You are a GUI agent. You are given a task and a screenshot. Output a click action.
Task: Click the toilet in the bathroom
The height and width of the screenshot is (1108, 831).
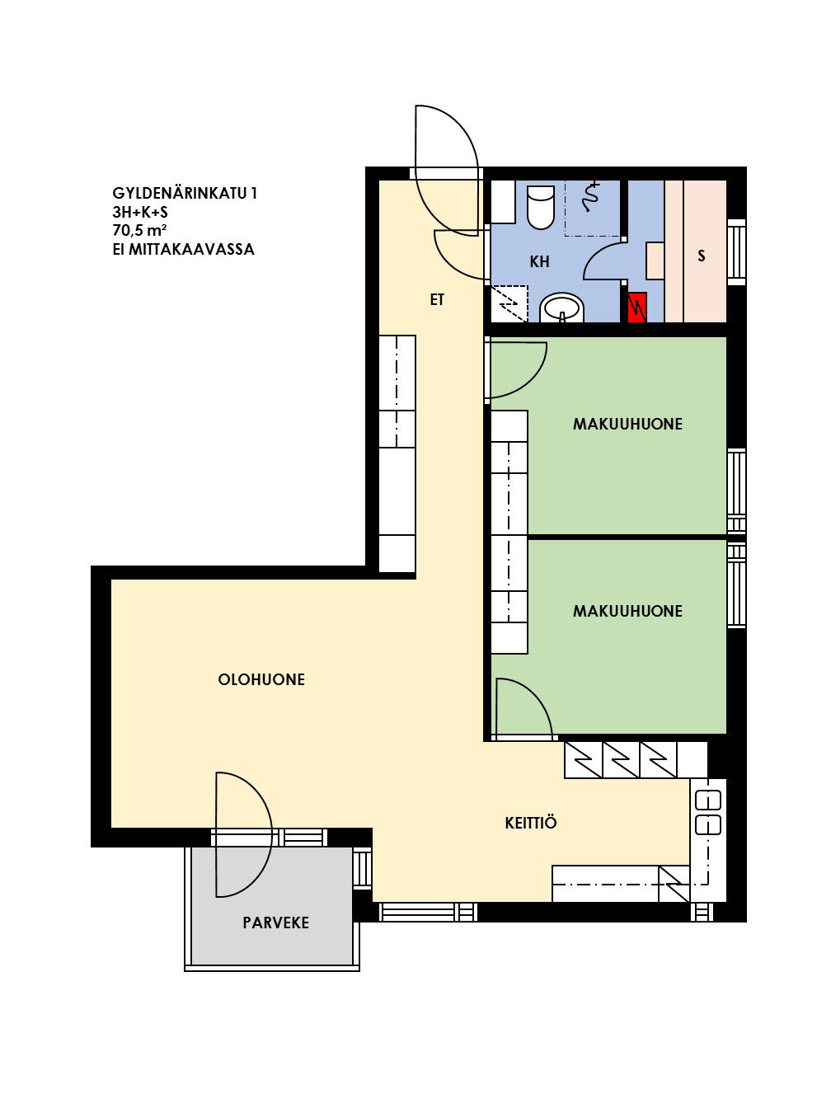[540, 207]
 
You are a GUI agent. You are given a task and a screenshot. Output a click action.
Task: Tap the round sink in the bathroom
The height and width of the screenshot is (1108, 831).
[561, 308]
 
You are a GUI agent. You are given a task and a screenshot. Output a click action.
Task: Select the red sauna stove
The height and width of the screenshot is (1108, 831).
[636, 307]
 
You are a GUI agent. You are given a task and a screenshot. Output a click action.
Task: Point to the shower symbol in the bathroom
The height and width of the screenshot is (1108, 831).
[591, 197]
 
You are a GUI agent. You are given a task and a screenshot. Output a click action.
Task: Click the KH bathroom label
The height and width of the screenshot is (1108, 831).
[539, 261]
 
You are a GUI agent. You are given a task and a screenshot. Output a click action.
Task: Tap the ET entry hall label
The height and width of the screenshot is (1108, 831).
[437, 300]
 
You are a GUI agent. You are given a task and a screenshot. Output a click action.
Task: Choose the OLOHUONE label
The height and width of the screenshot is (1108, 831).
[261, 679]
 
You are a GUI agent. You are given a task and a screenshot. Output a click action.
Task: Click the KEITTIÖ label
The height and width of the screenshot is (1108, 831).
[531, 824]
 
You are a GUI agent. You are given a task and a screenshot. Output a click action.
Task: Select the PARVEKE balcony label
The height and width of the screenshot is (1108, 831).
[275, 923]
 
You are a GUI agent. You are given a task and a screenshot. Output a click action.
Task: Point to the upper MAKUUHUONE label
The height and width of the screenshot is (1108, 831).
[627, 424]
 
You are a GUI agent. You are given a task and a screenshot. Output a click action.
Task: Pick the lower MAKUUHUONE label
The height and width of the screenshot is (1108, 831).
[627, 611]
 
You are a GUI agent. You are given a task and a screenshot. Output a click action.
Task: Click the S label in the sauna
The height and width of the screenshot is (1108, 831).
[702, 256]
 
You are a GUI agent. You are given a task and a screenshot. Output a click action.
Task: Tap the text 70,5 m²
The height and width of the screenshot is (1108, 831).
[139, 231]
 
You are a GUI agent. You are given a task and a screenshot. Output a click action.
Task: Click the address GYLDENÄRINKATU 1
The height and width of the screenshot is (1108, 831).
[185, 194]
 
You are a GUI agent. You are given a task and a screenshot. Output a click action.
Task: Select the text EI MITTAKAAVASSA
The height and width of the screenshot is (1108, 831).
[184, 249]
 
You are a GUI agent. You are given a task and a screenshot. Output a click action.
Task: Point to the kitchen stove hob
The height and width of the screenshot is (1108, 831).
[708, 813]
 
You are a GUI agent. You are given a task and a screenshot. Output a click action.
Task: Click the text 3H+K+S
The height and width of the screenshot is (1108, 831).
[140, 212]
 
